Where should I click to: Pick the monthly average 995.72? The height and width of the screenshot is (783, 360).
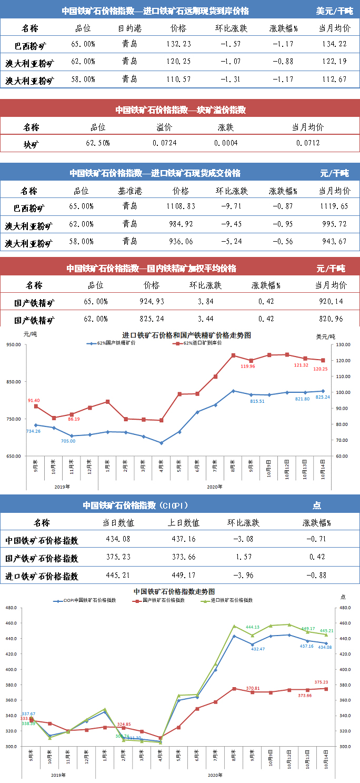(x=334, y=224)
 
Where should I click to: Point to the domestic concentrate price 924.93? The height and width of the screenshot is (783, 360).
(x=152, y=302)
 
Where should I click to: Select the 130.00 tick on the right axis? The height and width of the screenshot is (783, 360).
(x=344, y=345)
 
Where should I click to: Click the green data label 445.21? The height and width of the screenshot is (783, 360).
(x=327, y=630)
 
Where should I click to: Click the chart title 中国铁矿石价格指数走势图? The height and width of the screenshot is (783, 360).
(x=174, y=592)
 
